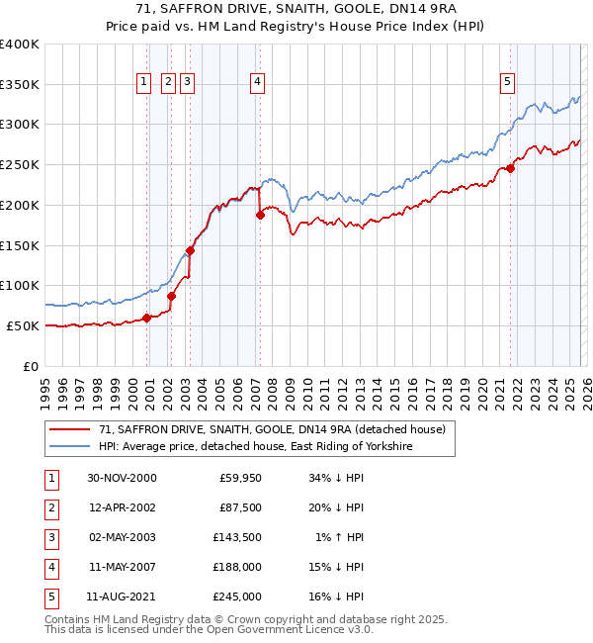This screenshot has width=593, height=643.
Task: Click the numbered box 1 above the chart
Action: pos(144,82)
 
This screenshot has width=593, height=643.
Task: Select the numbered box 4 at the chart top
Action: pos(257,82)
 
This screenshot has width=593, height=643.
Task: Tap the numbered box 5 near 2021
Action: pos(507,82)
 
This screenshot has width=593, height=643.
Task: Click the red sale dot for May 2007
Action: pos(260,215)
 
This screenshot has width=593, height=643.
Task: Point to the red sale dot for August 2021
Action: pos(511,168)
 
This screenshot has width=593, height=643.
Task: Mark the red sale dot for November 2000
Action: pos(147,318)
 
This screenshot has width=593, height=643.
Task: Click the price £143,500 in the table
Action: pos(237,537)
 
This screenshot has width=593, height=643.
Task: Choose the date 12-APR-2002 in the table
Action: pos(122,507)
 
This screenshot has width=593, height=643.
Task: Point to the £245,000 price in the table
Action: pos(237,597)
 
